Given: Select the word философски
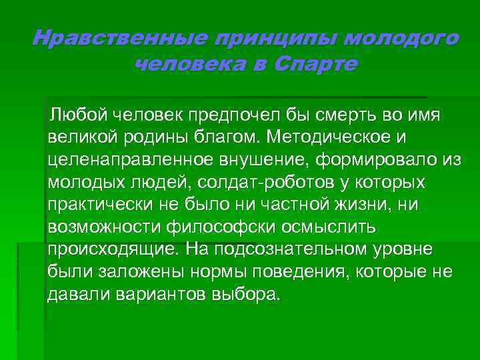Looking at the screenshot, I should click(x=221, y=227).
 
